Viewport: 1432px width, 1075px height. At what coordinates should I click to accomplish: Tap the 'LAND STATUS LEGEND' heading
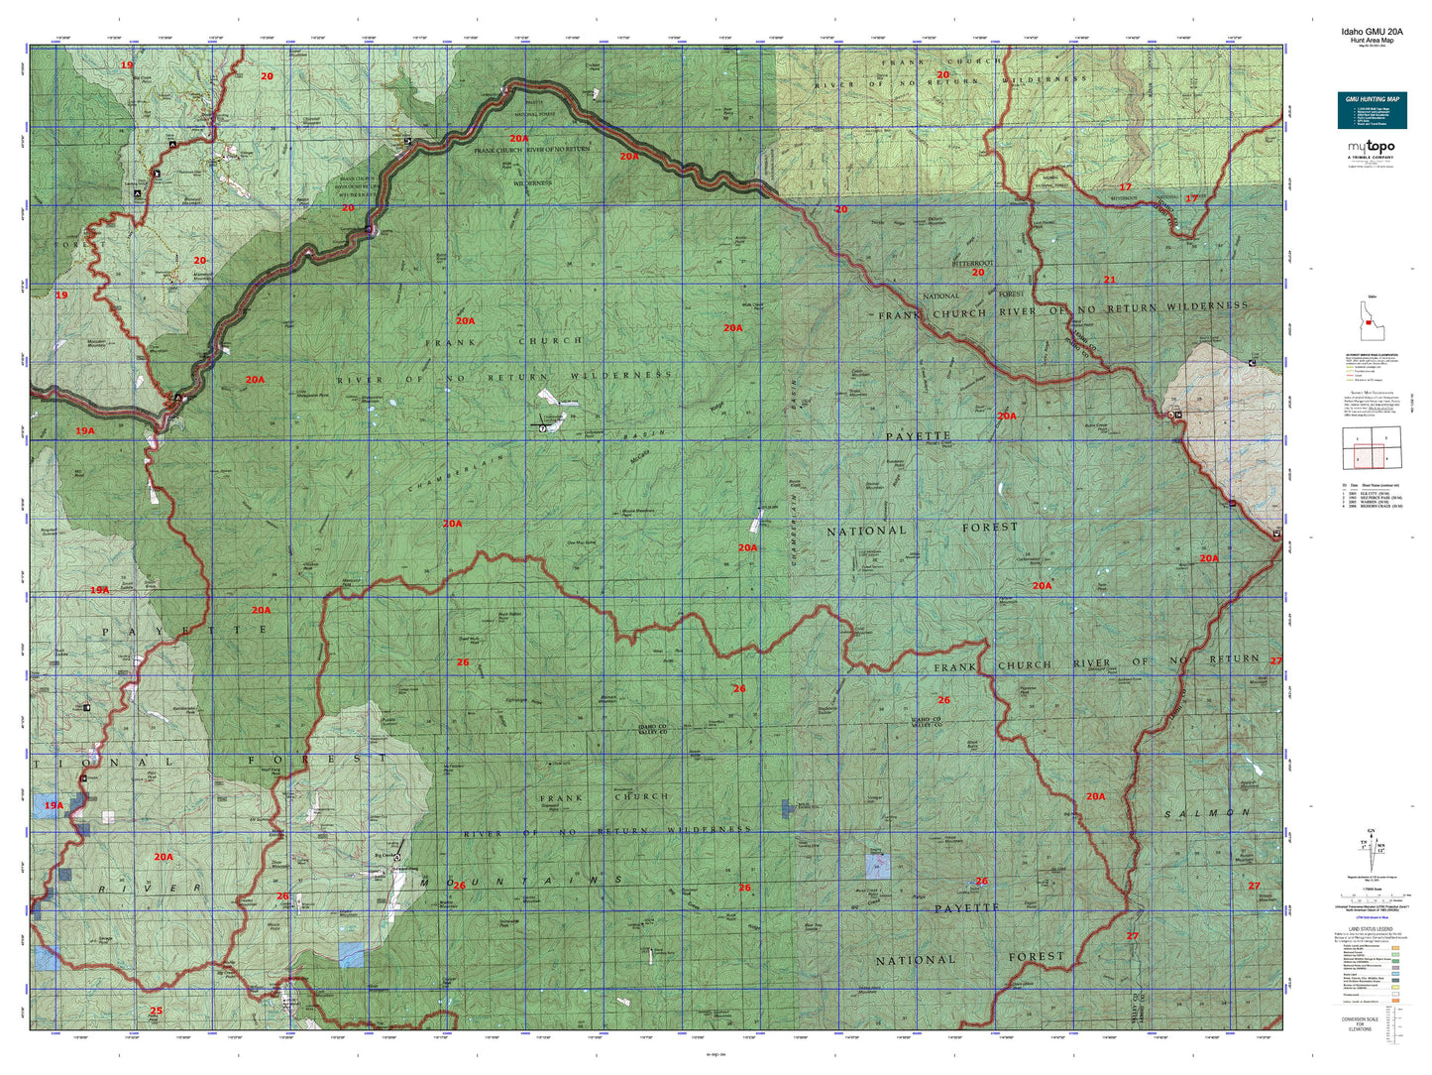pos(1372,929)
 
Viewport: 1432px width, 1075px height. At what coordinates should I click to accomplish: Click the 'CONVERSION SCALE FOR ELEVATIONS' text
pos(1360,1023)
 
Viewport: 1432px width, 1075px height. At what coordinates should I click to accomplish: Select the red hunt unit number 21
pos(1109,280)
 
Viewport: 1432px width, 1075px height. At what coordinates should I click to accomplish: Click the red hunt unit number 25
pos(156,1012)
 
